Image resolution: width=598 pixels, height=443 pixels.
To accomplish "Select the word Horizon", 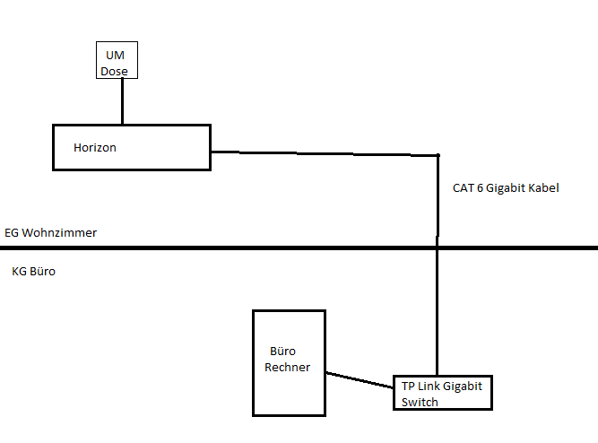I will point(95,147).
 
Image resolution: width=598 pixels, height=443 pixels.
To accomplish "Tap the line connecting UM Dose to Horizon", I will point(122,100).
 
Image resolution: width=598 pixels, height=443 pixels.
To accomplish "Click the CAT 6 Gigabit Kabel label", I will point(506,189).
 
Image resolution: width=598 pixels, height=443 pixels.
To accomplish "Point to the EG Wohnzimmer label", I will point(50,233).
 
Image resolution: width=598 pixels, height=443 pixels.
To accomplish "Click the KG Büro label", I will point(34,270).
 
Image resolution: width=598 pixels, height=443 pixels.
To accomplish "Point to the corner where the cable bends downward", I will point(438,156).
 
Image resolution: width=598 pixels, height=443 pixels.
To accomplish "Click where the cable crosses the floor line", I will point(438,247).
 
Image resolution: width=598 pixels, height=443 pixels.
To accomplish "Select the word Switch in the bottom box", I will point(420,403).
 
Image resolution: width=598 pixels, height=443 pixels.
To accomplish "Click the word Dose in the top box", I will point(115,71).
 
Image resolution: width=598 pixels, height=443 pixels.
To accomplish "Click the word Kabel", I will point(543,189).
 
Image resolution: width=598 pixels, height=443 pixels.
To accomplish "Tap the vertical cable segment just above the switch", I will point(438,341).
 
